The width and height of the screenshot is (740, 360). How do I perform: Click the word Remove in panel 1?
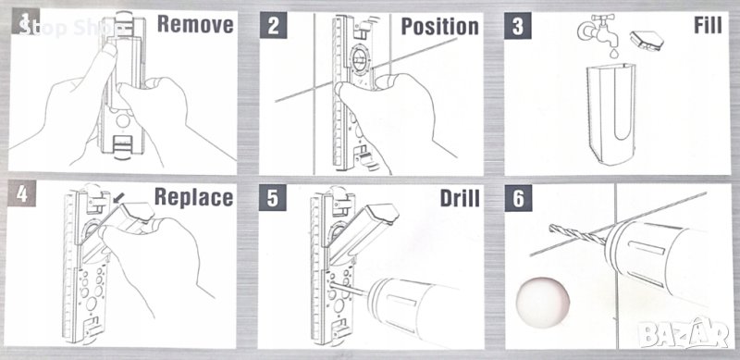click(x=195, y=24)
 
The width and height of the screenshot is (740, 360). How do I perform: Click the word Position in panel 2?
click(x=440, y=27)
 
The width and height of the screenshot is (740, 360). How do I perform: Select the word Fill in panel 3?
click(x=708, y=26)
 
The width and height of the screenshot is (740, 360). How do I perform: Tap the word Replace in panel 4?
click(x=193, y=197)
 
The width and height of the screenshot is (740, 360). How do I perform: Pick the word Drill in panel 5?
click(x=460, y=198)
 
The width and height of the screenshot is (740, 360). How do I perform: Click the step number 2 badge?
click(x=273, y=26)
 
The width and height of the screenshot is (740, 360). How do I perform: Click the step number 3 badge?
click(x=518, y=26)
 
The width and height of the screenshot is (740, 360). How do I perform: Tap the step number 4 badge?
click(x=21, y=193)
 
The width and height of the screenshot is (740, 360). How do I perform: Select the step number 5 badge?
click(x=272, y=197)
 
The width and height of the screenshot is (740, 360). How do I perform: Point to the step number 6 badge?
click(x=518, y=198)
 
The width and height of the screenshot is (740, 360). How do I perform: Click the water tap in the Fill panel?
click(x=597, y=30)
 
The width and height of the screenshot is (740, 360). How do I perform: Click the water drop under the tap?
click(x=613, y=53)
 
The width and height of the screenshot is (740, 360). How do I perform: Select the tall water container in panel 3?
click(x=610, y=115)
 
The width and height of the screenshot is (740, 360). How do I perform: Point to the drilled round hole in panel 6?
click(x=543, y=302)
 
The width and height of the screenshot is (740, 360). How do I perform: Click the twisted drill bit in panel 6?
click(x=577, y=235)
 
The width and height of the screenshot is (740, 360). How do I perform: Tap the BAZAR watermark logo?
click(x=684, y=333)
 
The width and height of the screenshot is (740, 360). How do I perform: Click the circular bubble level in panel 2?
click(x=359, y=60)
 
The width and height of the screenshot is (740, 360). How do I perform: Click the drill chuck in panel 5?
click(x=377, y=299)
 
